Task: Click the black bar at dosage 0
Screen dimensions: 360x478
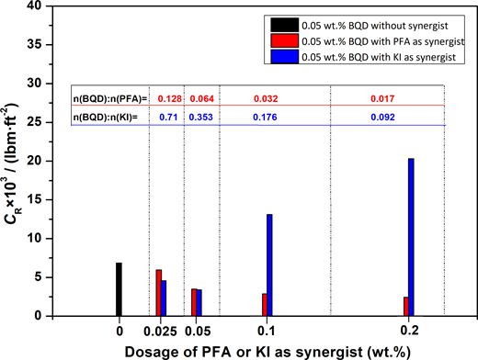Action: (x=119, y=289)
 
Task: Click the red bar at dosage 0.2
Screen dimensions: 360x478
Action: (x=405, y=307)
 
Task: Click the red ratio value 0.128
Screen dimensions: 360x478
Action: (x=167, y=98)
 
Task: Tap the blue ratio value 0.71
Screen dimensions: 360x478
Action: (x=167, y=118)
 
